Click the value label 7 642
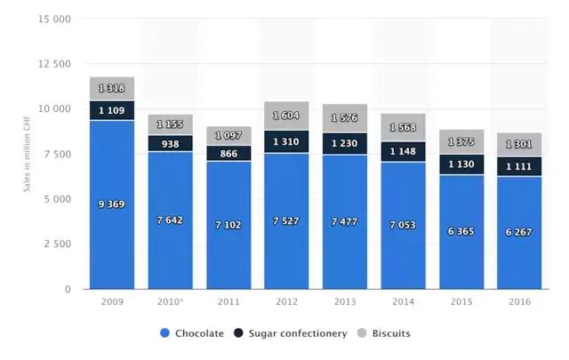170,220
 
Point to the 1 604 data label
286,116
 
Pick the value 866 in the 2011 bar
228,153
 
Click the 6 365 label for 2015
461,230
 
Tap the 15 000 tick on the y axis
56,19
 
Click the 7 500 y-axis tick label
58,154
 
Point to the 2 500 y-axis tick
58,244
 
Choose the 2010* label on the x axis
171,303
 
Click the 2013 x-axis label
344,303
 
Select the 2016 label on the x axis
519,303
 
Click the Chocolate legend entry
192,333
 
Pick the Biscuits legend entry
384,333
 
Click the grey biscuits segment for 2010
170,124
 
